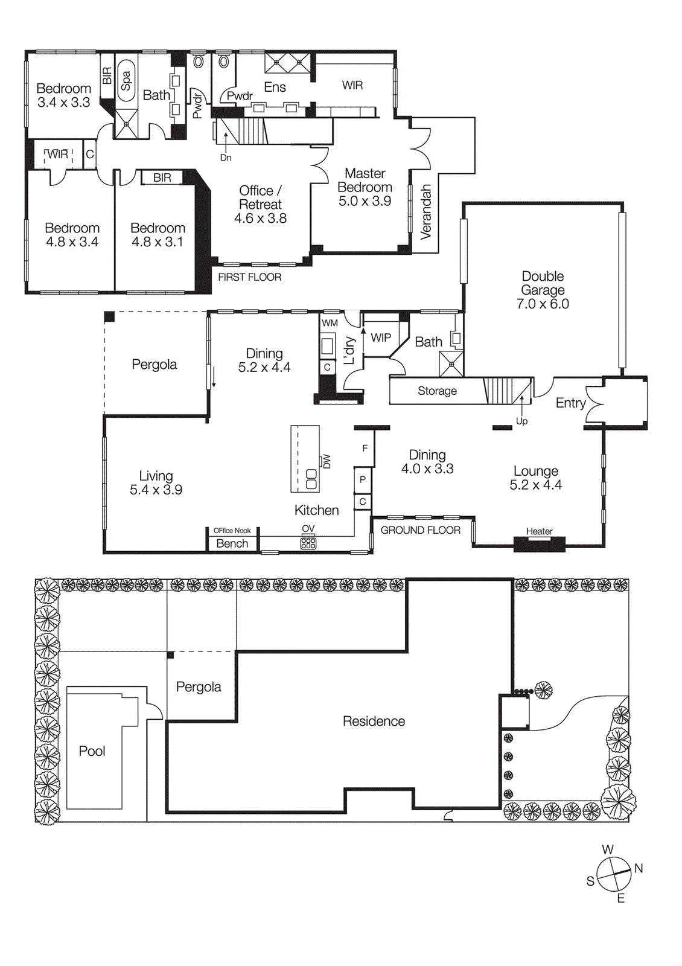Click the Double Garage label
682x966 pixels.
tap(543, 290)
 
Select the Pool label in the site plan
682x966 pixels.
tap(92, 751)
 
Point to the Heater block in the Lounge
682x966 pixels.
tap(539, 543)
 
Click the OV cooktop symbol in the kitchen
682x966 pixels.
tap(308, 543)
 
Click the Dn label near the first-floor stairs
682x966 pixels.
tap(226, 158)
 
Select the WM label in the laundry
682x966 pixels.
tap(330, 323)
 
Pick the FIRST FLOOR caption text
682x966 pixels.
tap(249, 277)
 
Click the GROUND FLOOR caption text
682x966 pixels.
tap(420, 530)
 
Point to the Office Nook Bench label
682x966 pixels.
tap(232, 543)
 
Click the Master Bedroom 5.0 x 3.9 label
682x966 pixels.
tap(365, 187)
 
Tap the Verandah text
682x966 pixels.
tap(426, 212)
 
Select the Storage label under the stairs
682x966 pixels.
tap(437, 391)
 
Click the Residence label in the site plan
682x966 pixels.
tap(374, 721)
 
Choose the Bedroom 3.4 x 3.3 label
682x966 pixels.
tap(63, 95)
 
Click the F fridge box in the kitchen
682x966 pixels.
tap(365, 448)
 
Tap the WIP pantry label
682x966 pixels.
tap(380, 337)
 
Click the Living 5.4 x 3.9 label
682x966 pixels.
tap(156, 483)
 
